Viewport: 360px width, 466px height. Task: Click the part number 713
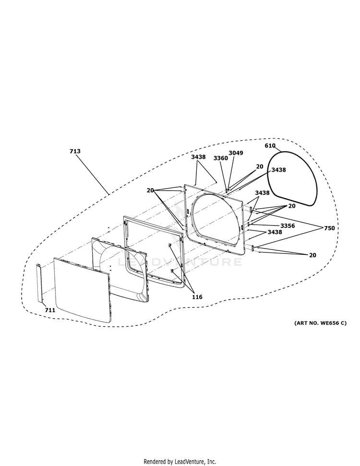pos(75,151)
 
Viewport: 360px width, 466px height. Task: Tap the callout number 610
pos(270,145)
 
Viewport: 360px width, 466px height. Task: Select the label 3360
pos(221,158)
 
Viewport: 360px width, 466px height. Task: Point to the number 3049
pos(236,153)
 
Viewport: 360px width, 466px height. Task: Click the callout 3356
pos(288,226)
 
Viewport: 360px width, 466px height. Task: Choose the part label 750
pos(329,228)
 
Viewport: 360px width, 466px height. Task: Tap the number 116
pos(197,297)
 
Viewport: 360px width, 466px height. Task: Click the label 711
pos(50,311)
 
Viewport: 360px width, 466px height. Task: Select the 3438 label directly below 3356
pos(275,232)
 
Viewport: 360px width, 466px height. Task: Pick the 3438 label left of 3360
pos(198,157)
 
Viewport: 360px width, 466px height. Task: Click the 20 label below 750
pos(312,255)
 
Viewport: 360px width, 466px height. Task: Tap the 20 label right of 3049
pos(260,167)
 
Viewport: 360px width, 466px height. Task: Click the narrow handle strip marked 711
pos(39,283)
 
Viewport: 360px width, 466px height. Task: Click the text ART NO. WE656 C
pos(320,323)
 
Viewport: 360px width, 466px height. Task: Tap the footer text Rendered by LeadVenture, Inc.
pos(180,462)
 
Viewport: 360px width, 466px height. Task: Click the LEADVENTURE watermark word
pos(180,262)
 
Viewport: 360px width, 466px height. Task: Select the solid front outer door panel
pos(82,290)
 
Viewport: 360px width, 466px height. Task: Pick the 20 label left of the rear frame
pos(150,190)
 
